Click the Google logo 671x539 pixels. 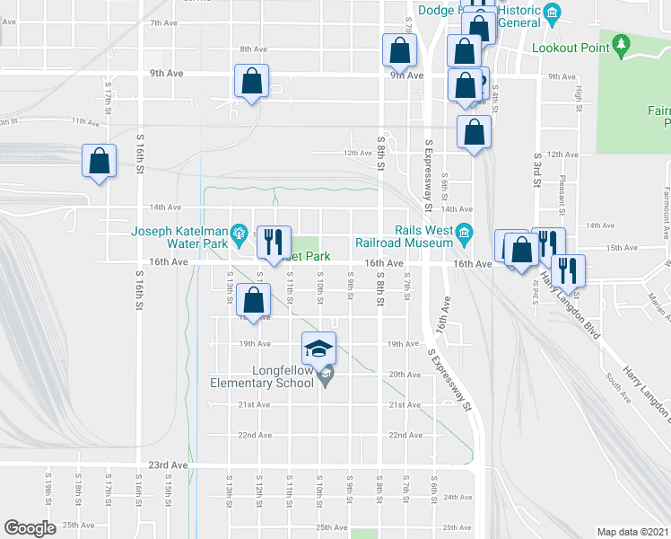point(30,527)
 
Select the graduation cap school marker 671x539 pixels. point(318,349)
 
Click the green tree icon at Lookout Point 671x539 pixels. point(621,47)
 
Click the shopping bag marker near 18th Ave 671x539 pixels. point(254,302)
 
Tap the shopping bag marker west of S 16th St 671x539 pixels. point(99,163)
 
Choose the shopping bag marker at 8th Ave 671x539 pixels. point(399,50)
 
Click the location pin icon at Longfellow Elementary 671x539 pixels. point(327,376)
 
